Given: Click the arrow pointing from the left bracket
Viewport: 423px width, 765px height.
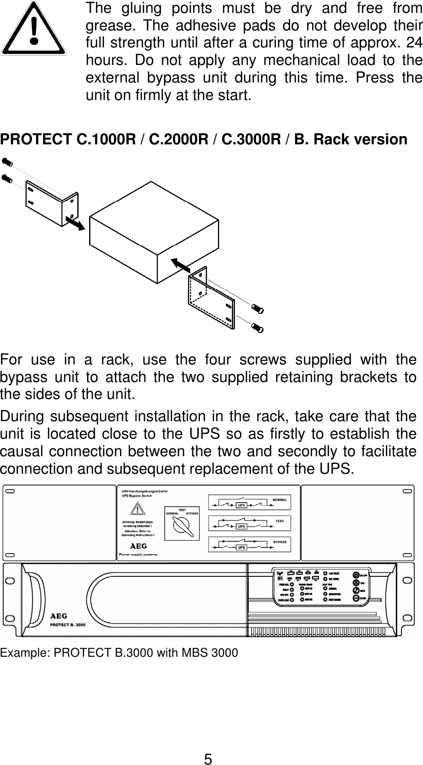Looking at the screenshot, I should coord(75,223).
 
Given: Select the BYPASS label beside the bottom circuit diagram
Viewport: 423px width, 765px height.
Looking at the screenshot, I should coord(280,542).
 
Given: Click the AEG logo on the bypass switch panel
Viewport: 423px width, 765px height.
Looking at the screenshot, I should coord(137,546).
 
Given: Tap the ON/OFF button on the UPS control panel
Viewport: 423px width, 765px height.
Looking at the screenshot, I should coord(356,575).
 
